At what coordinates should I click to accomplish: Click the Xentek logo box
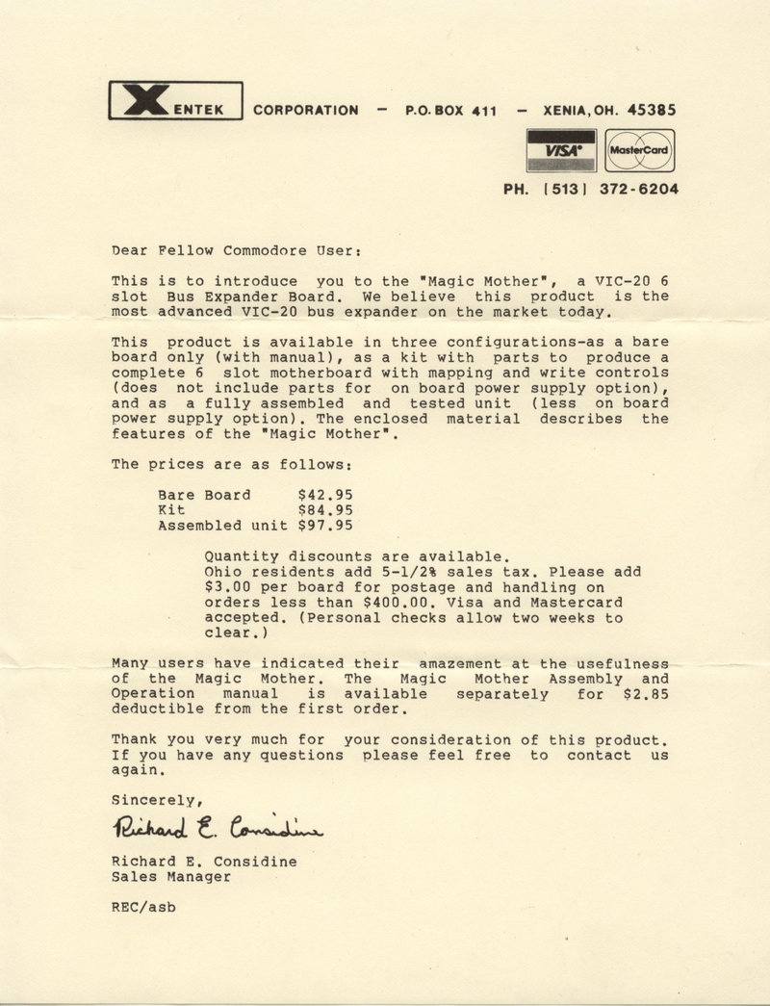pos(173,101)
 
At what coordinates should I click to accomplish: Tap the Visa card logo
pos(561,150)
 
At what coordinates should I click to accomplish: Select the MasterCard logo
pos(640,151)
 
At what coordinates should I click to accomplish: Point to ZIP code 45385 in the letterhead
pos(651,110)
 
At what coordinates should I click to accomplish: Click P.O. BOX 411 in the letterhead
pos(450,111)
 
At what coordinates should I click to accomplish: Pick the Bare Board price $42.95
pos(326,495)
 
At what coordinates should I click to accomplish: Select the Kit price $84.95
pos(326,510)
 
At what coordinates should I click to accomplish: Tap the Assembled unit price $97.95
pos(326,526)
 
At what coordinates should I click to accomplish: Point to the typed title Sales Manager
pos(171,877)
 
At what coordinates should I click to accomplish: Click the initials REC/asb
pos(144,907)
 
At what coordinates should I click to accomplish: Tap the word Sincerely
pos(155,799)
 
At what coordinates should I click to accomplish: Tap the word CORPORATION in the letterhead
pos(305,111)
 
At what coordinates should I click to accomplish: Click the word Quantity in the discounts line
pos(242,556)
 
